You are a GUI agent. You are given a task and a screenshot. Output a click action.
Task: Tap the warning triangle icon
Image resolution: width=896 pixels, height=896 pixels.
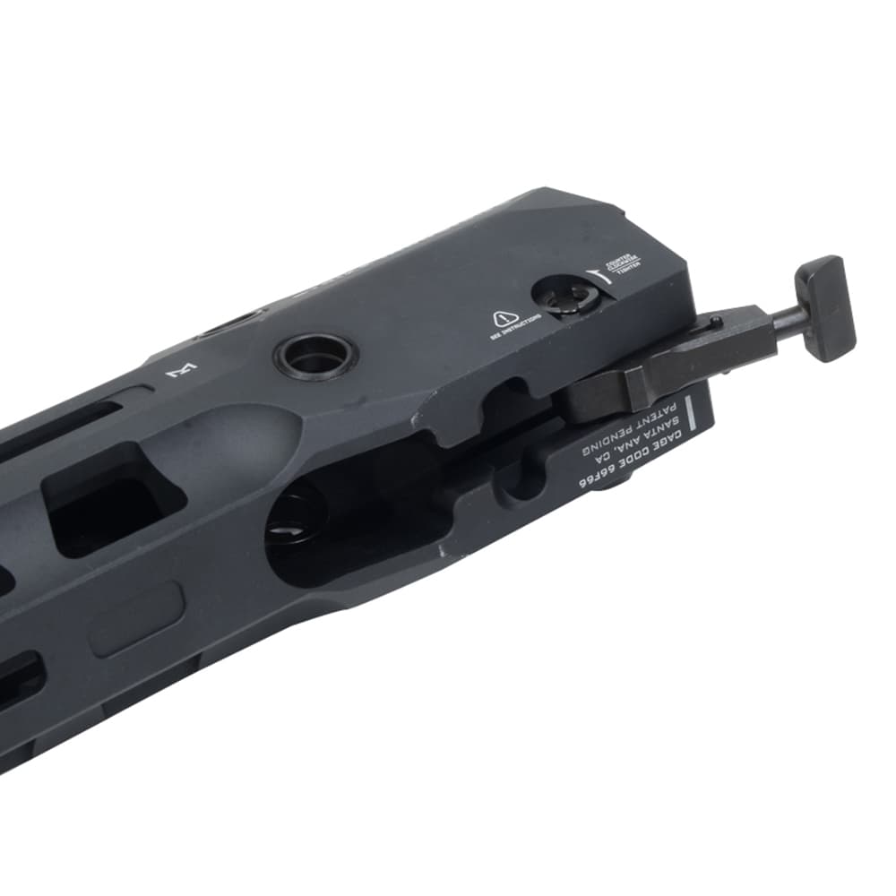coord(503,317)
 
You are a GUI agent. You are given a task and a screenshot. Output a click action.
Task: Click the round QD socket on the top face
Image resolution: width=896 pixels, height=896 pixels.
coord(315,355)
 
